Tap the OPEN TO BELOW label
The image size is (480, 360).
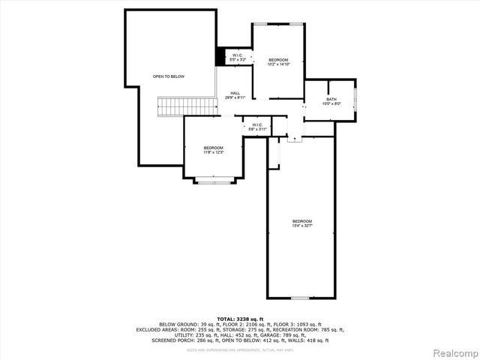pyautogui.click(x=169, y=76)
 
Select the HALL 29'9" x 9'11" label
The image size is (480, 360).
pyautogui.click(x=234, y=95)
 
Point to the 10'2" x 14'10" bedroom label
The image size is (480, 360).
pyautogui.click(x=278, y=61)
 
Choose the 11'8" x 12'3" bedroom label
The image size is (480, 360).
pyautogui.click(x=213, y=150)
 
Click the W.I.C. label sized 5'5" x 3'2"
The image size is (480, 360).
pyautogui.click(x=236, y=57)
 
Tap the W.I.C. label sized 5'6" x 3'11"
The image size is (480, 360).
pyautogui.click(x=256, y=127)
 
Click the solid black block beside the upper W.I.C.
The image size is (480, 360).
pyautogui.click(x=221, y=57)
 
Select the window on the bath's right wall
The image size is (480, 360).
pyautogui.click(x=355, y=100)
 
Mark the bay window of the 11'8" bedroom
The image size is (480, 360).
pyautogui.click(x=214, y=180)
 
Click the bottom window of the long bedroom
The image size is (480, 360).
pyautogui.click(x=300, y=298)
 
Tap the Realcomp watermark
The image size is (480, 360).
pyautogui.click(x=454, y=352)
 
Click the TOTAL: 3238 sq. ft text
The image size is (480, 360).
pyautogui.click(x=240, y=318)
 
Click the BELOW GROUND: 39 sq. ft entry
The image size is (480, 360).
pyautogui.click(x=185, y=324)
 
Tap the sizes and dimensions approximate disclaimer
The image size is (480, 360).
pyautogui.click(x=240, y=349)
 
